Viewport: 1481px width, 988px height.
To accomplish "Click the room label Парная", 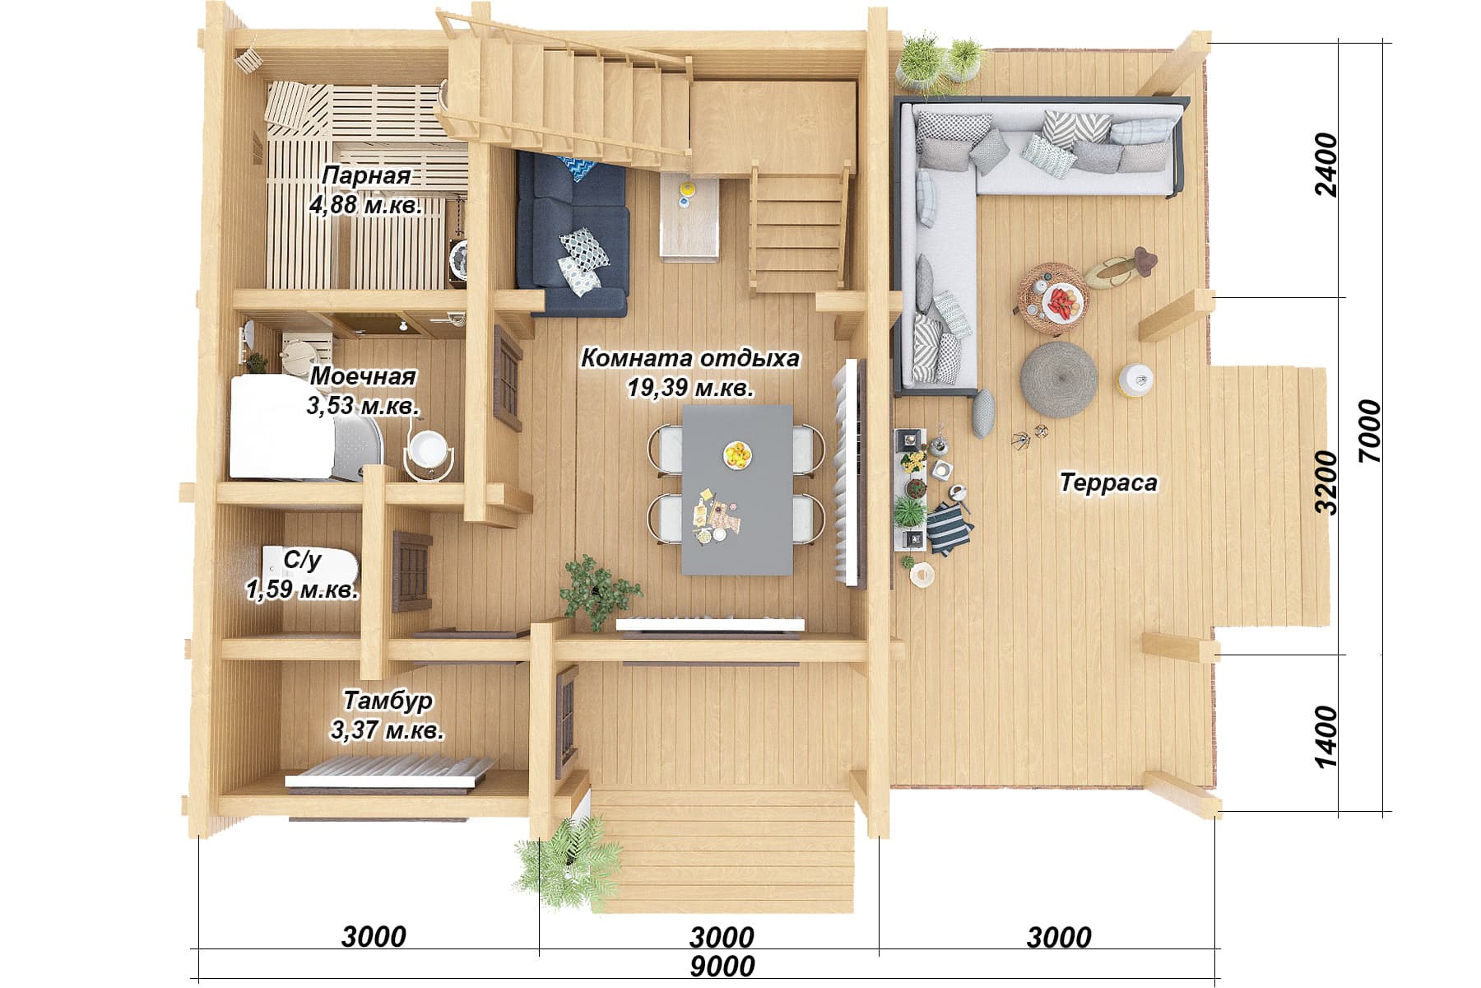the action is [x=365, y=175].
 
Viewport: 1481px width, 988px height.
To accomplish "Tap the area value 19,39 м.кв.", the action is [x=690, y=387].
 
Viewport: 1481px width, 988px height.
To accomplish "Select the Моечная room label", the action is [x=363, y=376].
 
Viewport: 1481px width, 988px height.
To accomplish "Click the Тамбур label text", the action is [x=388, y=700].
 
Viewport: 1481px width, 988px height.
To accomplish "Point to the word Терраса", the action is [x=1108, y=482].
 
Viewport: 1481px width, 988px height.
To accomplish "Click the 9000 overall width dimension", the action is [x=722, y=967].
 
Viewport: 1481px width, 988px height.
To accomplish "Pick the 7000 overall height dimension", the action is [x=1370, y=431].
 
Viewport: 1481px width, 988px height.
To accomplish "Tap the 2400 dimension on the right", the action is [x=1326, y=165].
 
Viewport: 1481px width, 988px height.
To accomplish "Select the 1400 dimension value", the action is [x=1326, y=736].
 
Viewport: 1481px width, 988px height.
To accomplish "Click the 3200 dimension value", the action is [x=1326, y=482].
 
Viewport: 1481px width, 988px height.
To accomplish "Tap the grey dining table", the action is [x=737, y=489].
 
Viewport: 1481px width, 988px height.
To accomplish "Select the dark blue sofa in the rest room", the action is [x=572, y=235].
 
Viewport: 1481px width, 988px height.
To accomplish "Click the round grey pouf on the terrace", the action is [x=1059, y=380].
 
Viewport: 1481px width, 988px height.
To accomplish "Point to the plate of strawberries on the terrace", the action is [x=1063, y=303].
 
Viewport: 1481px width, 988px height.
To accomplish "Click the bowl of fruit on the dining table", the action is [x=738, y=454].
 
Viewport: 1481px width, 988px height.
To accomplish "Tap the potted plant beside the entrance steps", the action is [x=568, y=862].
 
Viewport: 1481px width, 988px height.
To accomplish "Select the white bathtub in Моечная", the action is [x=282, y=427].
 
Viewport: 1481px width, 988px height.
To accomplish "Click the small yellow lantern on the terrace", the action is [x=1136, y=380].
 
